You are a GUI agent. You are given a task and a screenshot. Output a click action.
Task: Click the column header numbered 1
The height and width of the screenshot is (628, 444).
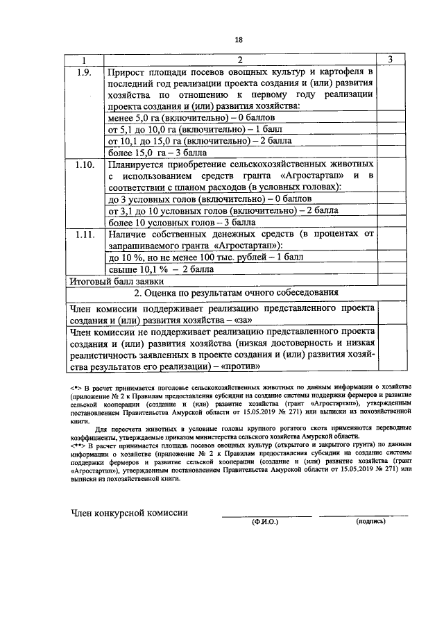point(84,60)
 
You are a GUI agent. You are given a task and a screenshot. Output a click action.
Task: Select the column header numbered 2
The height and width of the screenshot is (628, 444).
point(239,60)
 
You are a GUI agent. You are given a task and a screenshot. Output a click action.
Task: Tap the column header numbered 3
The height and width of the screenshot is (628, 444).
point(390,60)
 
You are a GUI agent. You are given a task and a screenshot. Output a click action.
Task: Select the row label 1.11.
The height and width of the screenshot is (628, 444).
point(83,235)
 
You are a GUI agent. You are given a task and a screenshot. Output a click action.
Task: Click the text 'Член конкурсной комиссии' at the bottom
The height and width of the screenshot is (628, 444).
point(129,513)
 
